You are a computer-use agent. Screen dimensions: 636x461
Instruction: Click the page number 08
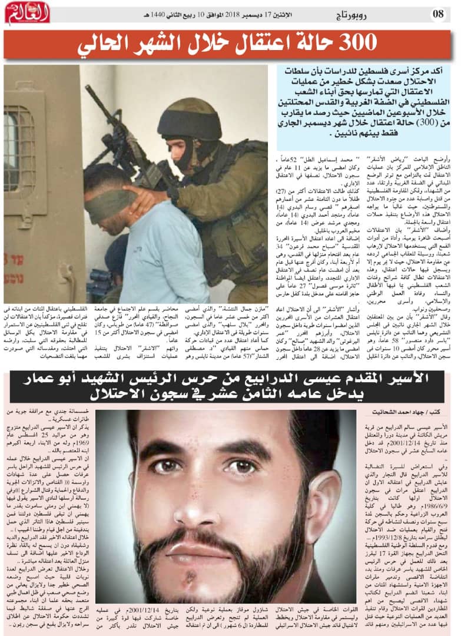click(439, 13)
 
